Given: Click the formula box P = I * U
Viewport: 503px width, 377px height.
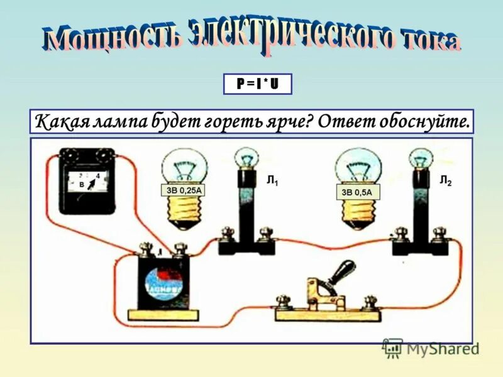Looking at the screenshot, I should (258, 84).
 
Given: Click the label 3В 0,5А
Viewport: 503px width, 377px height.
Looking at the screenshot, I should (357, 191).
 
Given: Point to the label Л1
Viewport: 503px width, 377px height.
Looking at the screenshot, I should (272, 182).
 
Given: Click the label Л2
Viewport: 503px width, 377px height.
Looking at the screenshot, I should (445, 182).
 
